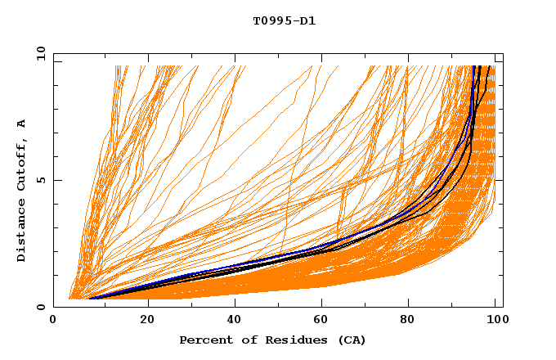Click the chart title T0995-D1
(284, 20)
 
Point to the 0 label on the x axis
(54, 320)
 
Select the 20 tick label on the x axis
(147, 320)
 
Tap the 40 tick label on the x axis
(235, 320)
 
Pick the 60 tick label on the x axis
(324, 320)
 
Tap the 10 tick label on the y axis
(38, 54)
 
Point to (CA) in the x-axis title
(350, 340)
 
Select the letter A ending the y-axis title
(22, 124)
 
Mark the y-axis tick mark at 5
(56, 181)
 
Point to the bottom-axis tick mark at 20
(147, 304)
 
